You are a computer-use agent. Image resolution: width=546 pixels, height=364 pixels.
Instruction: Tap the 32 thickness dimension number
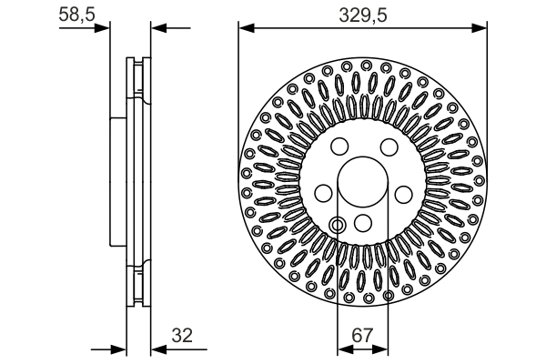184,336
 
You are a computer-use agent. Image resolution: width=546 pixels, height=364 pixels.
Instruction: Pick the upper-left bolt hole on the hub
339,148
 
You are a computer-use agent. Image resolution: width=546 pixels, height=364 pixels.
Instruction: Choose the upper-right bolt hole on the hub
388,148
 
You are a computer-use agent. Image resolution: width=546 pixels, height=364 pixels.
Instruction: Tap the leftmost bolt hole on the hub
322,193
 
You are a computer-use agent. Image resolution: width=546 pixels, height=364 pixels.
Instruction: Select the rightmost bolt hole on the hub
404,193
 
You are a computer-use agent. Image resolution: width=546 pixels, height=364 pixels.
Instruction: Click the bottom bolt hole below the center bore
363,224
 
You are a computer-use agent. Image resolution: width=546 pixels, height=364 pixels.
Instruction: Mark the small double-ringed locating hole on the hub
338,225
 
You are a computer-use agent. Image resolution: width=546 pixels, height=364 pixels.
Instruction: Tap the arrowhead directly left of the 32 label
157,349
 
